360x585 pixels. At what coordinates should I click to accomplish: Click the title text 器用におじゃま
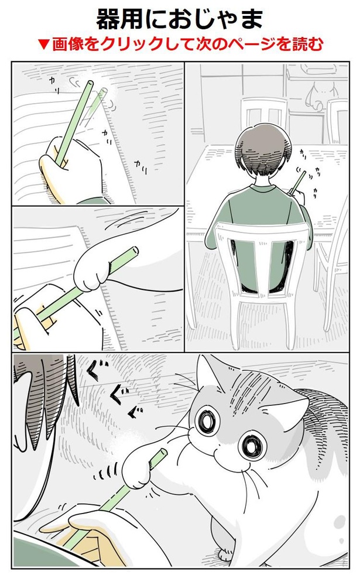180,19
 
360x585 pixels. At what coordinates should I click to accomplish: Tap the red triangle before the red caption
44,45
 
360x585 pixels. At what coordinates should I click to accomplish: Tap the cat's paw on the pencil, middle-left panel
92,269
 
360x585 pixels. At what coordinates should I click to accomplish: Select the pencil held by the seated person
298,182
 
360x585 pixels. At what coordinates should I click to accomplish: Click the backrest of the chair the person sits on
262,258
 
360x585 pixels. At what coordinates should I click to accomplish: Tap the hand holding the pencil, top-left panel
71,170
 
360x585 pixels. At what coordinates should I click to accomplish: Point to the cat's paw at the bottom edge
226,553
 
